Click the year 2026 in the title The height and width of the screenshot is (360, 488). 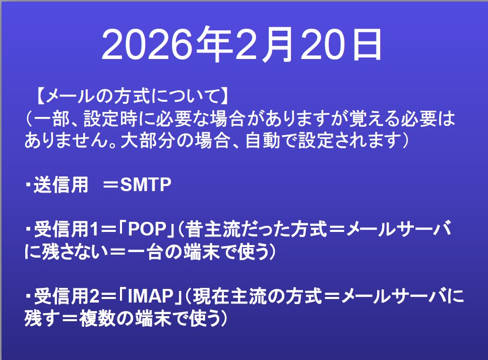coord(146,45)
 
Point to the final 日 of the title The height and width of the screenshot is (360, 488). coord(367,44)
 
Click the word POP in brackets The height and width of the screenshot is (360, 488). coord(147,229)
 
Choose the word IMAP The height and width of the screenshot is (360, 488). coord(151,296)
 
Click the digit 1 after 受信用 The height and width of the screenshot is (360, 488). coord(94,229)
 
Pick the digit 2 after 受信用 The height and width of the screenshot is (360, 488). coord(94,296)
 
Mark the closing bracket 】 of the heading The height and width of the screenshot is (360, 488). coord(225,96)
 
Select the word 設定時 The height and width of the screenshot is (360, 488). coord(110,118)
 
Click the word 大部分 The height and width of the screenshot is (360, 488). coord(147,140)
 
